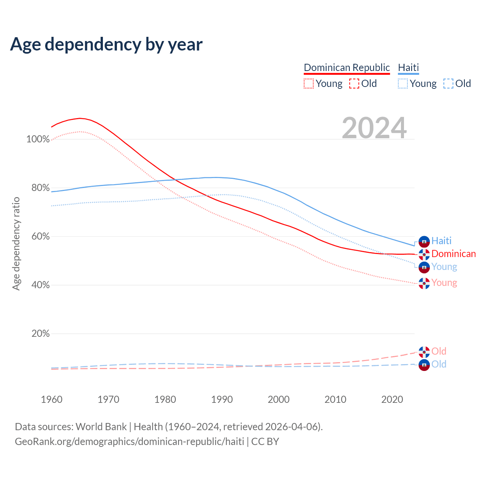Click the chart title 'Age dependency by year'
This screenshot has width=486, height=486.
[x=106, y=44]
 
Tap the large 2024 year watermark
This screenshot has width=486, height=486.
[x=374, y=128]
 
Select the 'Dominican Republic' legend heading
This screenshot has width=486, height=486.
[x=347, y=68]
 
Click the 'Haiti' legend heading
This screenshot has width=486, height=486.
[x=408, y=68]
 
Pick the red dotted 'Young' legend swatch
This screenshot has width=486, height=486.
[x=309, y=84]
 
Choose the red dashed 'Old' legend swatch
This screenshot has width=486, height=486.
[x=354, y=84]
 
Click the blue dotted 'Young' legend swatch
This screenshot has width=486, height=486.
[x=403, y=84]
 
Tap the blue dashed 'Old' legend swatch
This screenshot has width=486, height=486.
[x=448, y=84]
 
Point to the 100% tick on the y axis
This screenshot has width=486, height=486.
[x=38, y=139]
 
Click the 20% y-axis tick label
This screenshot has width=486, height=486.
[x=41, y=334]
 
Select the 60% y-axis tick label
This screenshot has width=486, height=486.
[x=41, y=237]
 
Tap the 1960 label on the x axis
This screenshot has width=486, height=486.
[x=52, y=399]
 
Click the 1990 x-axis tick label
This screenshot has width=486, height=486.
[x=222, y=399]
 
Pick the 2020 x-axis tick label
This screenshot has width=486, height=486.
[x=392, y=399]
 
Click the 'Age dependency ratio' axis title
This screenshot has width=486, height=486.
[x=16, y=243]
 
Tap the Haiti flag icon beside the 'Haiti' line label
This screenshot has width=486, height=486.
[x=424, y=241]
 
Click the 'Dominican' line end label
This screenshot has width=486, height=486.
[x=453, y=254]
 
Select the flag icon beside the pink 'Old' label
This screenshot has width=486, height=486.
[x=424, y=352]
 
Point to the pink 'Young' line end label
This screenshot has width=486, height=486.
[x=444, y=283]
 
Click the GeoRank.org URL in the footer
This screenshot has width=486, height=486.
[x=129, y=442]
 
